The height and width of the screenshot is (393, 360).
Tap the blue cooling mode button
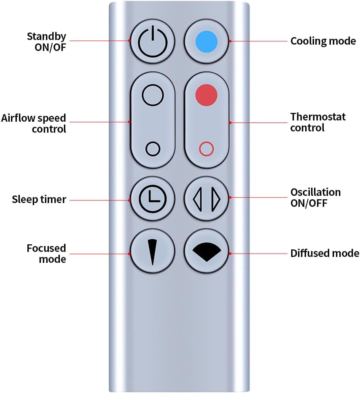pos(207,42)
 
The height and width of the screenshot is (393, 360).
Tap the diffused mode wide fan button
pos(207,252)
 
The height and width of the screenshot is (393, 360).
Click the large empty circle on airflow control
pos(153,96)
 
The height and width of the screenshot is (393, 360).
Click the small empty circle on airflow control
pos(153,148)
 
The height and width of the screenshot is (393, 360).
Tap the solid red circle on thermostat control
pos(207,95)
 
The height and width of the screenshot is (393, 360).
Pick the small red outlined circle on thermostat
pos(207,148)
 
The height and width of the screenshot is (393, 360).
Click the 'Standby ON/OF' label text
pos(46,41)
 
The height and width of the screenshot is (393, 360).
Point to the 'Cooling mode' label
pos(323,41)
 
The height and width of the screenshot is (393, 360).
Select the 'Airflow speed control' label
pos(34,123)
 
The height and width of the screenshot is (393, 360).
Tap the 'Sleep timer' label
pos(39,199)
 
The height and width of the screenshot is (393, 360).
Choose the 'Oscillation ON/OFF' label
pos(315,197)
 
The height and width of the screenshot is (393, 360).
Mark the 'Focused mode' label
pos(46,253)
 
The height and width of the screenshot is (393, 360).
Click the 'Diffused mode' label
pos(324,253)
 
